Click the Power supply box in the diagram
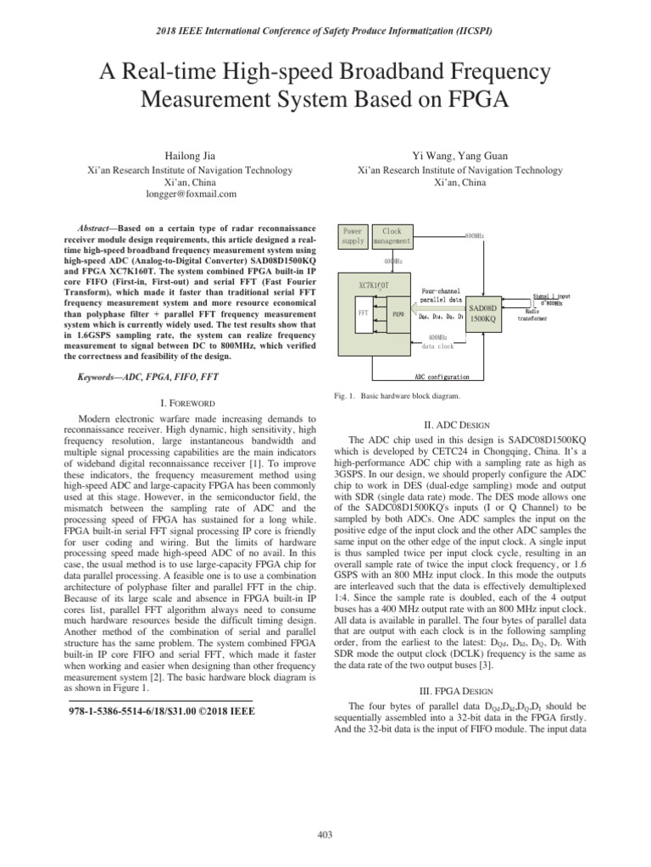pyautogui.click(x=353, y=235)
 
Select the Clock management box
pyautogui.click(x=392, y=235)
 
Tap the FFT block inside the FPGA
pyautogui.click(x=363, y=311)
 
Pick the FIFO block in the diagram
pyautogui.click(x=397, y=312)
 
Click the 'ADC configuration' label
pyautogui.click(x=442, y=376)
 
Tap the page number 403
pyautogui.click(x=325, y=836)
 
